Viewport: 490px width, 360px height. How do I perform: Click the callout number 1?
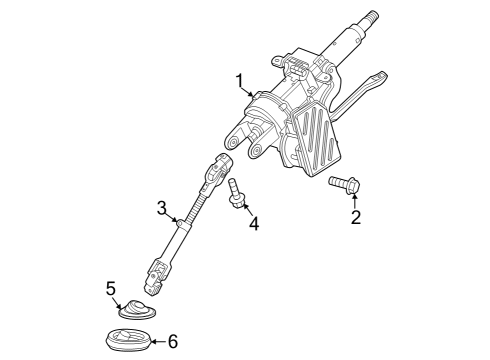pyautogui.click(x=239, y=80)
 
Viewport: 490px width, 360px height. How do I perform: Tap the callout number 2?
pyautogui.click(x=355, y=216)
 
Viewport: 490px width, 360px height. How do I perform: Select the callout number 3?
pyautogui.click(x=160, y=208)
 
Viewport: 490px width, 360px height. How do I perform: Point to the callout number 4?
pyautogui.click(x=253, y=224)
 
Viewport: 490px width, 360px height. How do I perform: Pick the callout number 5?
pyautogui.click(x=111, y=289)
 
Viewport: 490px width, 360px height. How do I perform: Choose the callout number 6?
pyautogui.click(x=172, y=341)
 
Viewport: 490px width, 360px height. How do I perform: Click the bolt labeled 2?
pyautogui.click(x=344, y=183)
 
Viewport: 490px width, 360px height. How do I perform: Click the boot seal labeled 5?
pyautogui.click(x=136, y=308)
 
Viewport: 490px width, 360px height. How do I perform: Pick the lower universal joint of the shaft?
pyautogui.click(x=157, y=268)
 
